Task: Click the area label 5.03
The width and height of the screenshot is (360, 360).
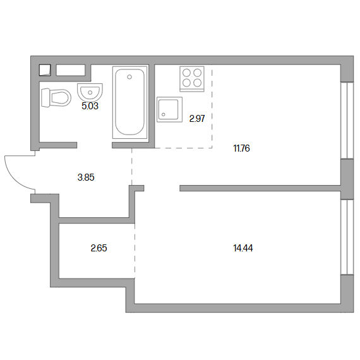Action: point(90,106)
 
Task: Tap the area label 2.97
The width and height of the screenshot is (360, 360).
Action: point(197,119)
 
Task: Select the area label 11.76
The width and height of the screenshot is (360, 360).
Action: point(241,148)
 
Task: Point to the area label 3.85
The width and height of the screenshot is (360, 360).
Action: point(86,177)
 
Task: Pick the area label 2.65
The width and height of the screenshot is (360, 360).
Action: point(99,248)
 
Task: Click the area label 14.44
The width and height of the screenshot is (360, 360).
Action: point(243,248)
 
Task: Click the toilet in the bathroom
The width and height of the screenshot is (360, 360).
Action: point(56,98)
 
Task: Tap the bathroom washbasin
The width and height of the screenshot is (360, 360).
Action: point(90,91)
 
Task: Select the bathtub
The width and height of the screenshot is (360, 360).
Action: point(129,102)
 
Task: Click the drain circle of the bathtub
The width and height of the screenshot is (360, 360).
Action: point(129,77)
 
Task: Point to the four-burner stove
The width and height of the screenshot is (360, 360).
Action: point(192,79)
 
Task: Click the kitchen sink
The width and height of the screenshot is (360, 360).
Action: point(170,109)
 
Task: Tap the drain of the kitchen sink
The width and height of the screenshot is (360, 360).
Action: point(164,114)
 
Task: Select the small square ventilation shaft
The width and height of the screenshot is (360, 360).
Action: point(45,70)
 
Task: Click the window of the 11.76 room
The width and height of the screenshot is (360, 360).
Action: point(347,120)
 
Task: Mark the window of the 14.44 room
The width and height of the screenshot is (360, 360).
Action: point(347,237)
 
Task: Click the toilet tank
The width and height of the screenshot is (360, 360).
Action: point(45,98)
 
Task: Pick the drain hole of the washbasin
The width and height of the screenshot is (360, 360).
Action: point(90,92)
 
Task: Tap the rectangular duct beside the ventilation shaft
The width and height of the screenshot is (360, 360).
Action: point(71,70)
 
